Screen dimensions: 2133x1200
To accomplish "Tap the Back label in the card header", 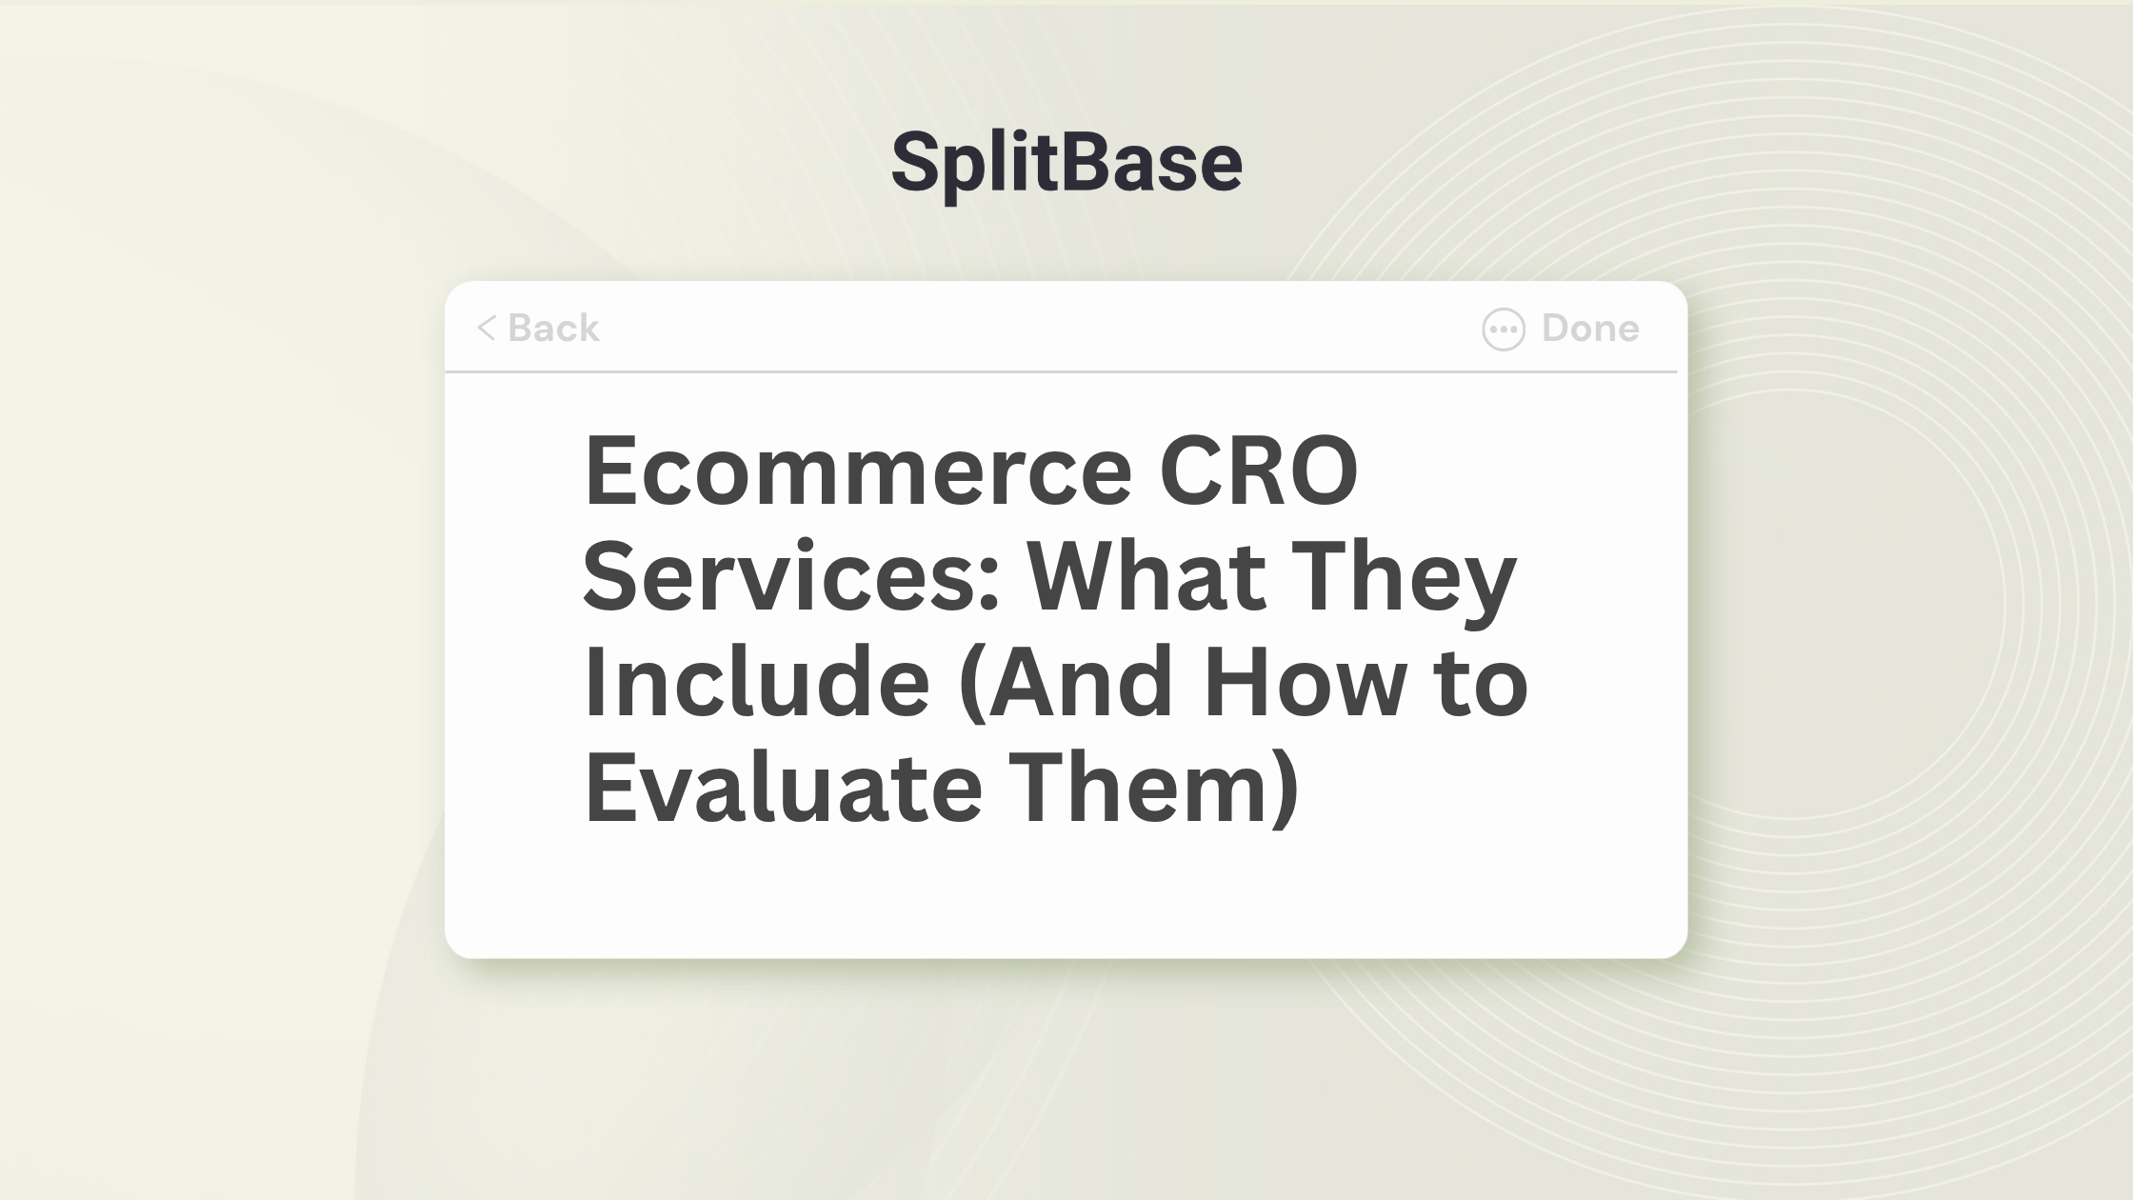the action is (553, 328).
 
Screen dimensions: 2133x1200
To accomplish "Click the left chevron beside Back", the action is (487, 328).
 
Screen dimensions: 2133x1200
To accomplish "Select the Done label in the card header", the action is (1590, 328).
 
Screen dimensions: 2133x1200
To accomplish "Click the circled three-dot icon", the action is (1504, 330).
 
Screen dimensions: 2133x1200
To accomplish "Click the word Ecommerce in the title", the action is (858, 470).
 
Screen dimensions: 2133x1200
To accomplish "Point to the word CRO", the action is (1258, 470).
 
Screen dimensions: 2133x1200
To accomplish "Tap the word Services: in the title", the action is (791, 576).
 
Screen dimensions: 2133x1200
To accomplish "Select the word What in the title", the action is (1146, 576).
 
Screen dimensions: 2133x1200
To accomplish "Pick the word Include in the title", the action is (756, 681).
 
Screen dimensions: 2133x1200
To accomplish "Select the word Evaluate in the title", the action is (783, 787).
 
